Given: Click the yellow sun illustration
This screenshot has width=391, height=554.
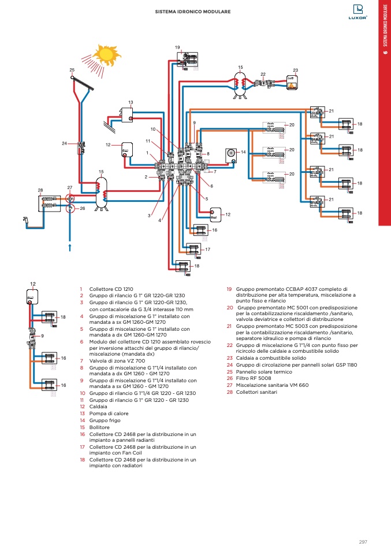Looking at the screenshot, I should pyautogui.click(x=105, y=54).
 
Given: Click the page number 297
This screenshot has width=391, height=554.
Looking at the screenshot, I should pyautogui.click(x=363, y=541).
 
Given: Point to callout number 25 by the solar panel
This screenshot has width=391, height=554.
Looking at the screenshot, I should pyautogui.click(x=72, y=70).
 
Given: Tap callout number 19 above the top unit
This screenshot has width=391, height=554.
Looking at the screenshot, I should pyautogui.click(x=177, y=46).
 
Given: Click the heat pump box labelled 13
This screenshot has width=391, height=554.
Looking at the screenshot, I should pyautogui.click(x=128, y=114).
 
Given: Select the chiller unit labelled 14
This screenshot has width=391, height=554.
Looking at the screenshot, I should pyautogui.click(x=230, y=153).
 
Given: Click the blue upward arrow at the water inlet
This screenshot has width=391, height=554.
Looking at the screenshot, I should pyautogui.click(x=70, y=247).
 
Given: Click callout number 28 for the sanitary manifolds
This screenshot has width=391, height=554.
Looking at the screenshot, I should pyautogui.click(x=40, y=190).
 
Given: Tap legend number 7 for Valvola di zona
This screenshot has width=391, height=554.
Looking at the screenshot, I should pyautogui.click(x=81, y=360).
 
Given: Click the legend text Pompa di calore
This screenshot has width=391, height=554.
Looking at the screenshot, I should pyautogui.click(x=109, y=413).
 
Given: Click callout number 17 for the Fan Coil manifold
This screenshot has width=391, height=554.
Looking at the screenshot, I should pyautogui.click(x=207, y=249).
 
